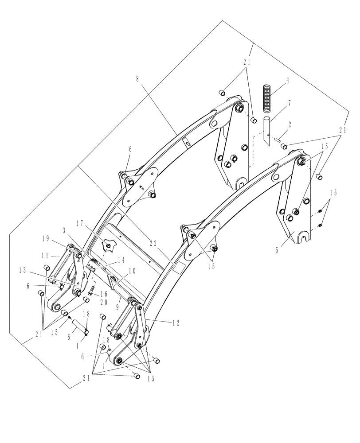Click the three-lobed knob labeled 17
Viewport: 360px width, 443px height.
(x=108, y=244)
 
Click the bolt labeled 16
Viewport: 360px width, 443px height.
(x=93, y=290)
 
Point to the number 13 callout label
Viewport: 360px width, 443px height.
(x=24, y=270)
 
